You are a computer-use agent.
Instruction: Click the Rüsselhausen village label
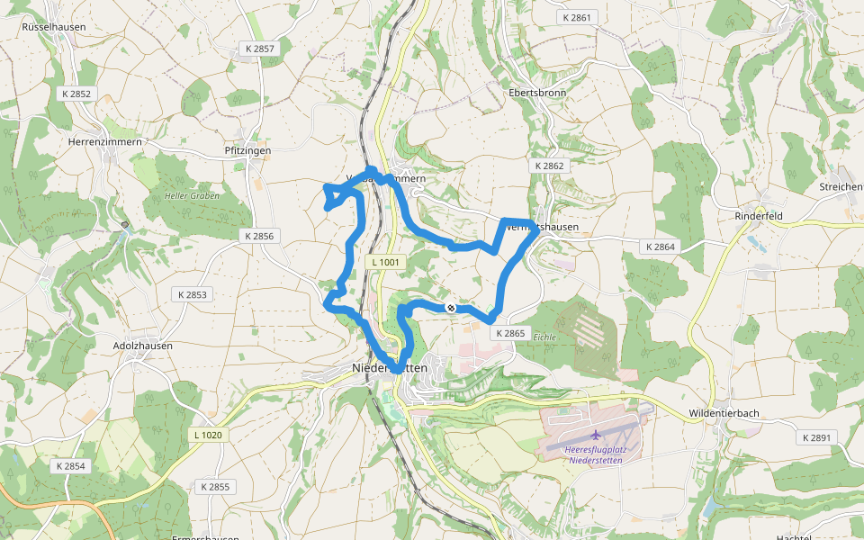[x=54, y=27]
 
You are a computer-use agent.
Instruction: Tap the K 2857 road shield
[x=259, y=48]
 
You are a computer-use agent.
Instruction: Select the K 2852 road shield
[x=76, y=94]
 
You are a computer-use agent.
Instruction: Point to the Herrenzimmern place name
[x=105, y=142]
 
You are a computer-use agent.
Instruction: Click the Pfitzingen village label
[x=247, y=151]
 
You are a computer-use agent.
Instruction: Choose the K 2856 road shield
[x=258, y=236]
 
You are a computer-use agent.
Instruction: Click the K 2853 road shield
[x=192, y=294]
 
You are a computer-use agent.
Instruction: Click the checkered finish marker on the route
[x=451, y=308]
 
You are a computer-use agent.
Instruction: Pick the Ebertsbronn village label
[x=535, y=93]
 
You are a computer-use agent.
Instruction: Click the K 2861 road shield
[x=576, y=17]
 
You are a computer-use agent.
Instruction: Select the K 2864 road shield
[x=660, y=246]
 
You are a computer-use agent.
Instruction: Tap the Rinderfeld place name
[x=760, y=216]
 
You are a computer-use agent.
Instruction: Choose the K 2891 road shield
[x=817, y=437]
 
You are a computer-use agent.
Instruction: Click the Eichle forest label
[x=544, y=337]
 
